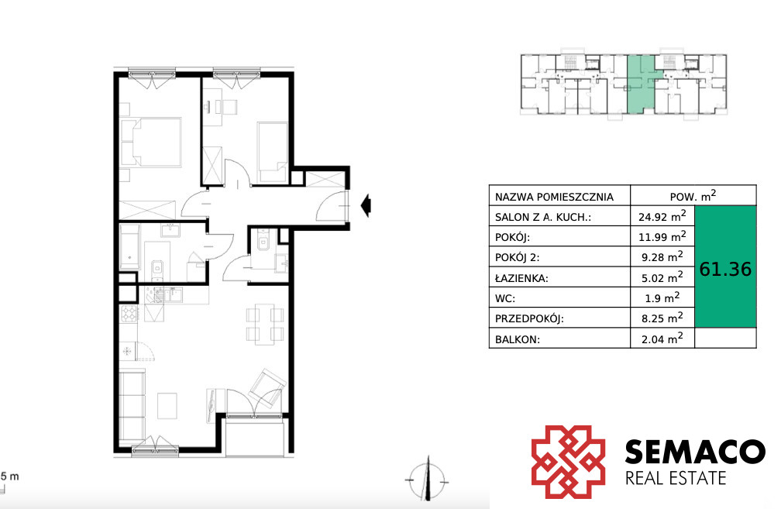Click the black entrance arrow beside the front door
(x=366, y=205)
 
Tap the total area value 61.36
(x=725, y=269)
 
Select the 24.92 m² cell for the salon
(x=662, y=216)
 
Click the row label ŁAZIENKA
(x=521, y=278)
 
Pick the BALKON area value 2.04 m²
(x=662, y=339)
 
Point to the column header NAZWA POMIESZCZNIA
(x=554, y=197)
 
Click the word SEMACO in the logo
(x=695, y=452)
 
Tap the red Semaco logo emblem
(x=569, y=462)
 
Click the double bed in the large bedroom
(x=151, y=142)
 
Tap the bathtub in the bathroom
(x=129, y=247)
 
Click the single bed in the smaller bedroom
(x=273, y=152)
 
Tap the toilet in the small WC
(x=263, y=242)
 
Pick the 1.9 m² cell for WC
(x=662, y=297)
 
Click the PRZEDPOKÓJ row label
(x=529, y=318)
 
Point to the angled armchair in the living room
(x=267, y=388)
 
